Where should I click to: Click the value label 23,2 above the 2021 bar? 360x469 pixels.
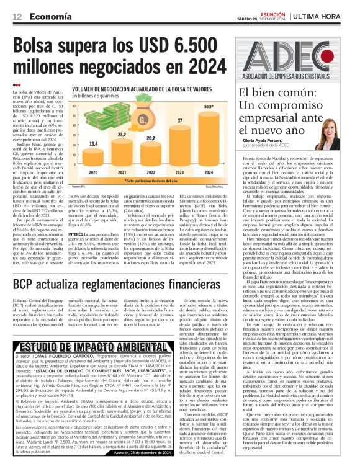click(122, 133)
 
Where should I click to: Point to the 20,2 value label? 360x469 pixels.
click(151, 138)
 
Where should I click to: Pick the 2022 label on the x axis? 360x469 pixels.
click(151, 172)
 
